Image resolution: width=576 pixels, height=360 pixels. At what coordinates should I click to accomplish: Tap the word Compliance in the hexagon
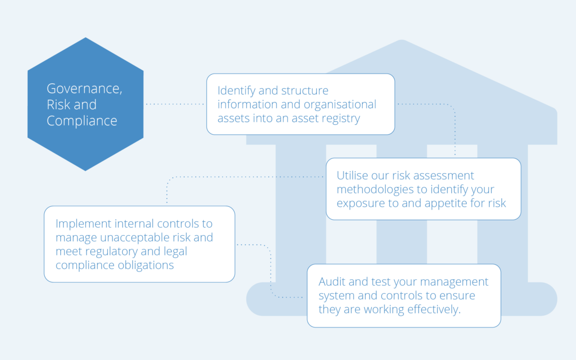pos(82,121)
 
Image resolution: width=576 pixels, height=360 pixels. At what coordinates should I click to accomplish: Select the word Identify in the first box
pos(237,91)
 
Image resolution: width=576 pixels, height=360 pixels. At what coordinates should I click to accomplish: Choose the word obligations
pos(146,265)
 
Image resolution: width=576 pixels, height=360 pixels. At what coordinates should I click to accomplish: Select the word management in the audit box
pos(454,282)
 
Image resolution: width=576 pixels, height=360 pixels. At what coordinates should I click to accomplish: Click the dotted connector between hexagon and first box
pos(175,105)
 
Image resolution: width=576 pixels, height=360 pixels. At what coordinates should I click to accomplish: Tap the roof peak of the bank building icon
pos(402,41)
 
